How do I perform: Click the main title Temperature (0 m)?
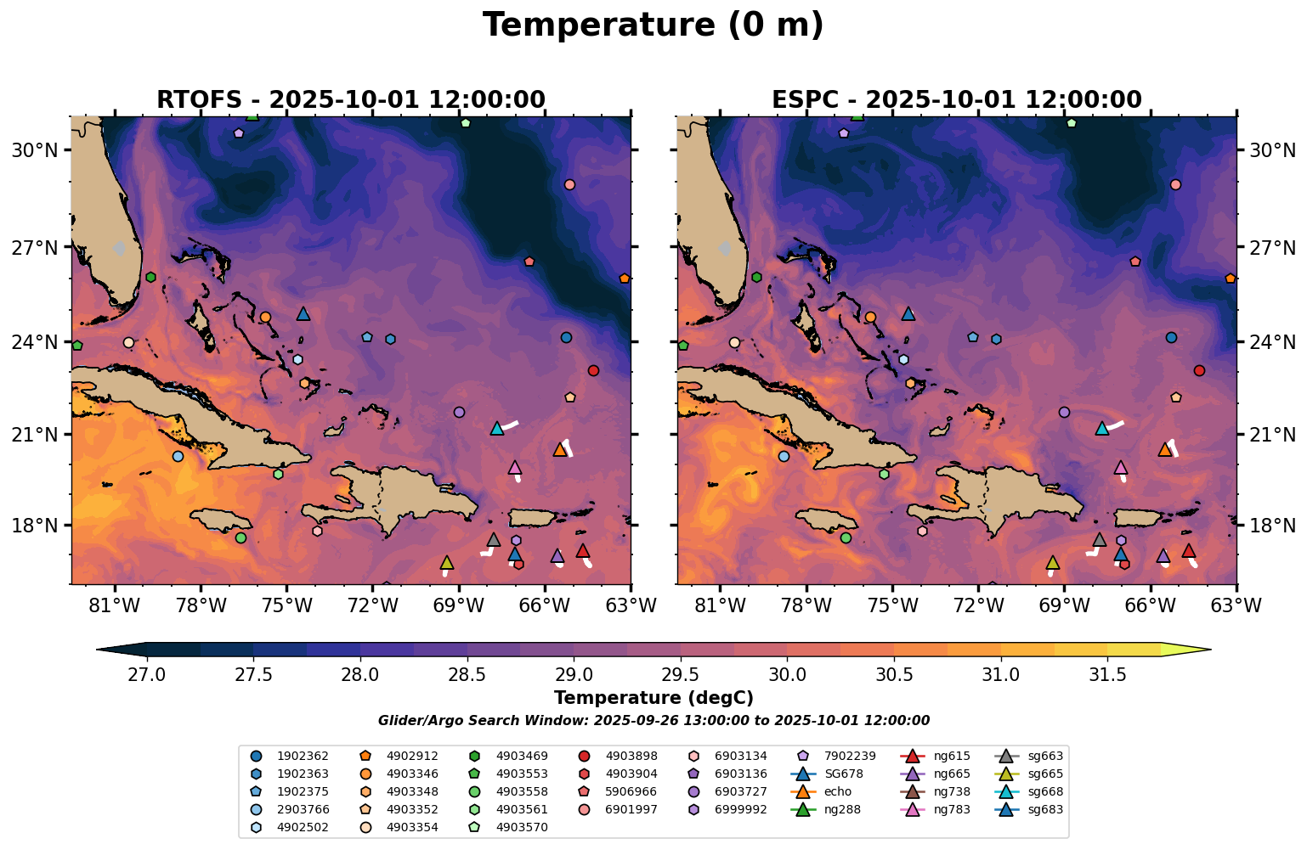[653, 25]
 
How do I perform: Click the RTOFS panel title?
[350, 99]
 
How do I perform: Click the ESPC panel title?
[956, 99]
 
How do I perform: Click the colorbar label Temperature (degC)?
[653, 698]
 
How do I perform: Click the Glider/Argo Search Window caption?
[653, 721]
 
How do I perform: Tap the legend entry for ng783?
[951, 809]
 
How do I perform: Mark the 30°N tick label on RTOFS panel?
[34, 150]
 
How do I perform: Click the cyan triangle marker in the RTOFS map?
[497, 428]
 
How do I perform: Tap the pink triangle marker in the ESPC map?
[1120, 467]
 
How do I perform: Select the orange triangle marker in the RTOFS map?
[559, 449]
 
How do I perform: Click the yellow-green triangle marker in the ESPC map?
[1052, 562]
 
